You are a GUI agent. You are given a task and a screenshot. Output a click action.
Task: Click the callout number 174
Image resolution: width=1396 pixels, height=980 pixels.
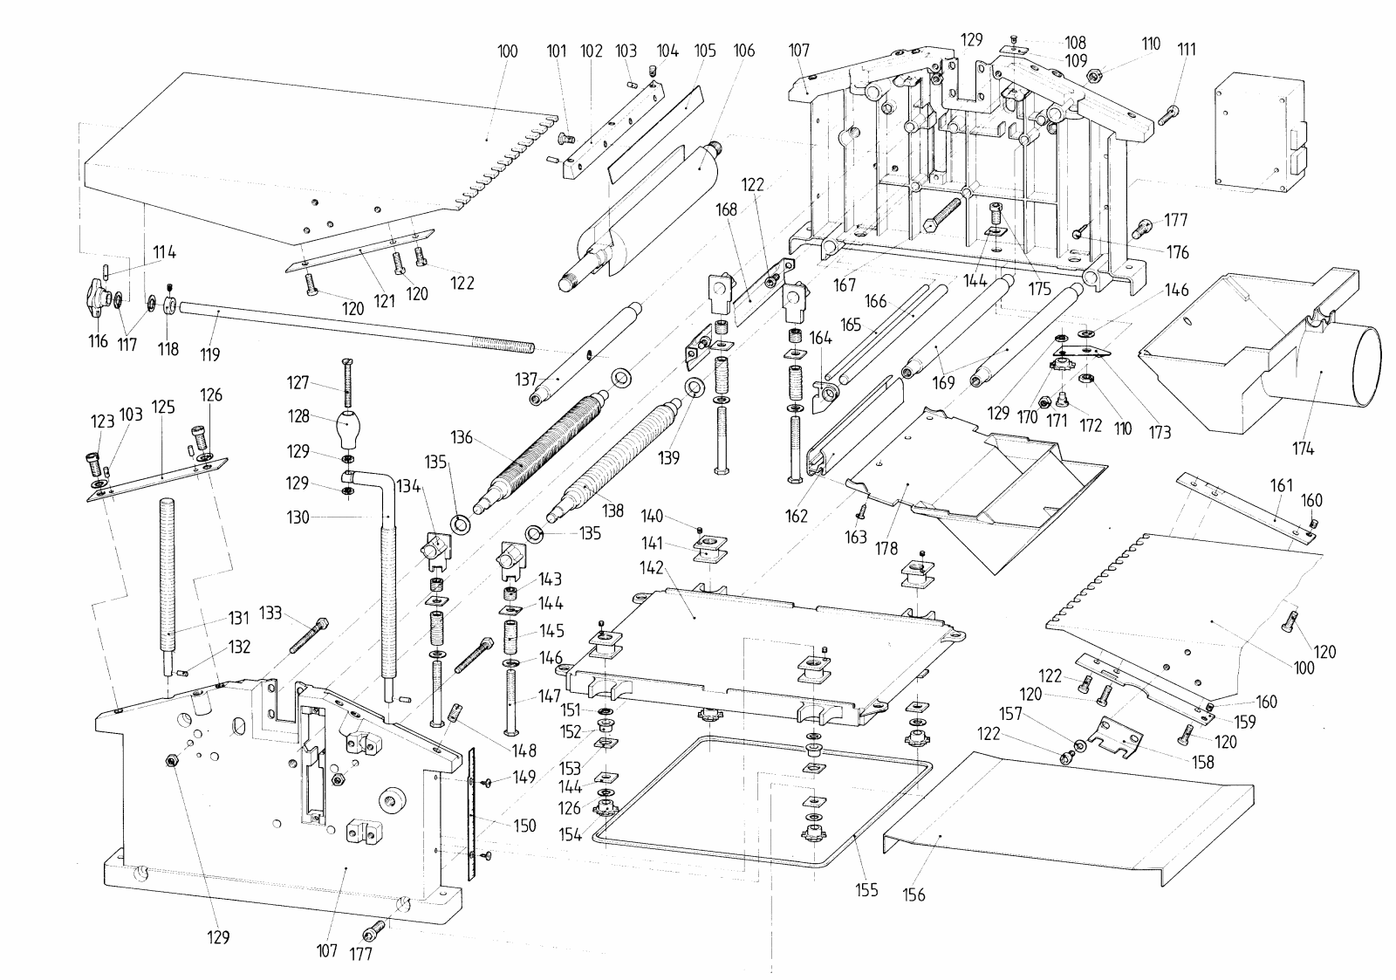pyautogui.click(x=1304, y=449)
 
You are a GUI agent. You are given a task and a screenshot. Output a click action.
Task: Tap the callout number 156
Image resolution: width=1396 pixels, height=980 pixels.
pyautogui.click(x=914, y=894)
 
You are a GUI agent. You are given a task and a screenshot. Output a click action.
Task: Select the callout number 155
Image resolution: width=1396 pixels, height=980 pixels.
pyautogui.click(x=867, y=889)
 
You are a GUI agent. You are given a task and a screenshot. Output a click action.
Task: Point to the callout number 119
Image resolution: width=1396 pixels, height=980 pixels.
pyautogui.click(x=210, y=354)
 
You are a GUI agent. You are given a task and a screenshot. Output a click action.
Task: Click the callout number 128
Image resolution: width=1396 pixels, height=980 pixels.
pyautogui.click(x=298, y=415)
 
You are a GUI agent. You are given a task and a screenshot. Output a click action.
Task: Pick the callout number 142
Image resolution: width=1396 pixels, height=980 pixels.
pyautogui.click(x=651, y=568)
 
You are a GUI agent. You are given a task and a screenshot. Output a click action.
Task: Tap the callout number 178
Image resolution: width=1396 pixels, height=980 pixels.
pyautogui.click(x=886, y=548)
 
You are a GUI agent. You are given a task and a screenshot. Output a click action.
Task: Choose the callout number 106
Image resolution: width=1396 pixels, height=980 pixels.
pyautogui.click(x=744, y=51)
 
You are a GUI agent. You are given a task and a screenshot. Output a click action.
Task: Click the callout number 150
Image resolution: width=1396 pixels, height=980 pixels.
pyautogui.click(x=524, y=826)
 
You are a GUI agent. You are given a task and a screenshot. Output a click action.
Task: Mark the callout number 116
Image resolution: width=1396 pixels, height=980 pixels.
pyautogui.click(x=98, y=341)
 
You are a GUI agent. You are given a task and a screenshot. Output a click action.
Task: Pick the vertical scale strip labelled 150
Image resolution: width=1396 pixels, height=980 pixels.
pyautogui.click(x=472, y=813)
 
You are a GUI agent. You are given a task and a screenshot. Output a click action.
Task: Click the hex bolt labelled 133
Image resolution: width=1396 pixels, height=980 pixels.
pyautogui.click(x=309, y=634)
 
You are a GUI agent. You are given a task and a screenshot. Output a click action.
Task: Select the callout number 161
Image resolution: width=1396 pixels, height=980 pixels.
pyautogui.click(x=1282, y=484)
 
